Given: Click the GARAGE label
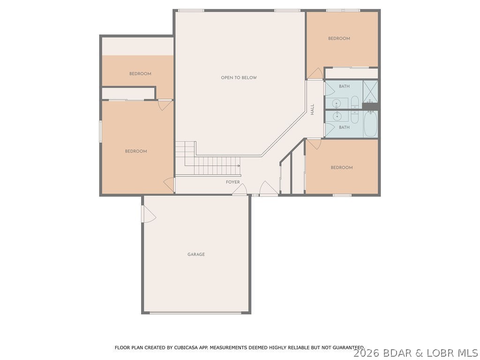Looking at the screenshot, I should tap(196, 255).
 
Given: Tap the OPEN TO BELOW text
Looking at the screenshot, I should tap(239, 78).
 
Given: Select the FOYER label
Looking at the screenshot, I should tap(233, 182).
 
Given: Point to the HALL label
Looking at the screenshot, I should tap(313, 109).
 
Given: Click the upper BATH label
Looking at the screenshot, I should tap(344, 86).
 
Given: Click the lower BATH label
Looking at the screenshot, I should tap(344, 127).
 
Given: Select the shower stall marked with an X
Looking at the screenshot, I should tap(370, 91).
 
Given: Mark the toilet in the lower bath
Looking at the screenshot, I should tap(355, 115).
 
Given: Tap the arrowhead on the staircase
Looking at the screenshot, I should tap(239, 166).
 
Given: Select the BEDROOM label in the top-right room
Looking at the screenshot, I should tap(339, 38).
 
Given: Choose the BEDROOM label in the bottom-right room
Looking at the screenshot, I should tap(341, 168).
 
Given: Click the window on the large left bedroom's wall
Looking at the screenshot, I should tap(100, 131).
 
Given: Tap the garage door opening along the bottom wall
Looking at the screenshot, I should tap(195, 313).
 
